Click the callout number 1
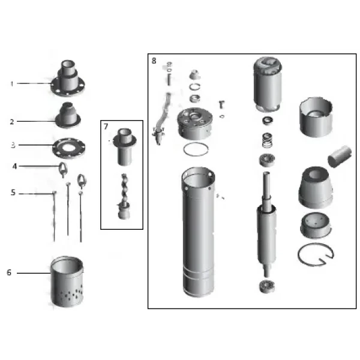[11, 83]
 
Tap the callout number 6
[9, 272]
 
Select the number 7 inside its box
[106, 127]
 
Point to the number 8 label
[154, 61]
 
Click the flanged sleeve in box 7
[123, 146]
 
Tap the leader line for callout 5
[36, 193]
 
